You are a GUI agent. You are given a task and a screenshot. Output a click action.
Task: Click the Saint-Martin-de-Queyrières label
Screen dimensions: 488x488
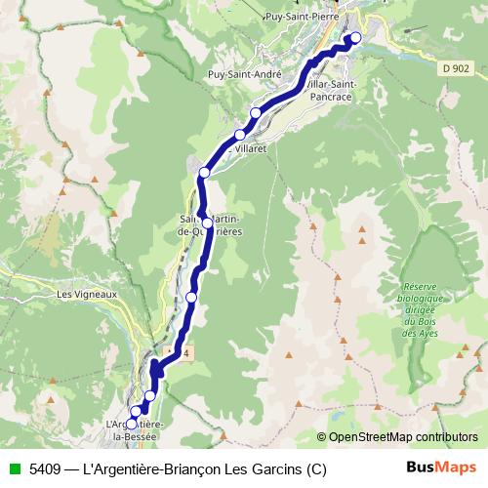tap(211, 225)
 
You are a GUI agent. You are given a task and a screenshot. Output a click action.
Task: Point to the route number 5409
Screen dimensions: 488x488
tap(44, 468)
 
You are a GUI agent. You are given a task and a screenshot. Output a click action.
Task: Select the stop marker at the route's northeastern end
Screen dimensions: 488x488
tap(355, 38)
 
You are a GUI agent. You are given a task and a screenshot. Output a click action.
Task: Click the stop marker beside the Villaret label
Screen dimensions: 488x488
tap(239, 135)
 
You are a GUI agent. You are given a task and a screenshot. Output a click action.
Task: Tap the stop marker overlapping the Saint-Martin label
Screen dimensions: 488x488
tap(206, 223)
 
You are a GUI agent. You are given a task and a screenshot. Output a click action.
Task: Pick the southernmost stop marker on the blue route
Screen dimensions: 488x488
tap(133, 424)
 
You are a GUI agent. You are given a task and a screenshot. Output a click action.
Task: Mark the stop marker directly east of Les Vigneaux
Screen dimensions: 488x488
tap(191, 297)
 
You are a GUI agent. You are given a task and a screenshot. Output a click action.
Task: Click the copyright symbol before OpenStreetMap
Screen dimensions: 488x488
tap(322, 436)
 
